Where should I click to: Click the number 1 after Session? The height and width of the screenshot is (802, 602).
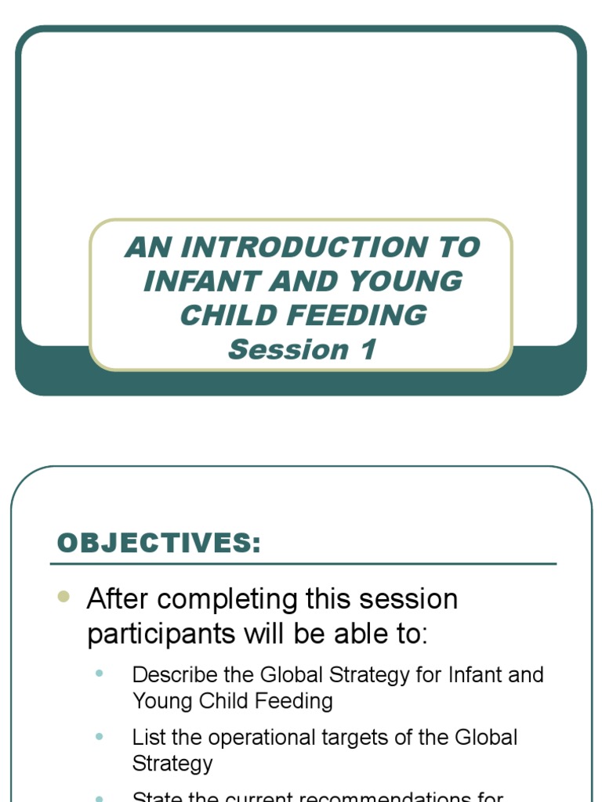(x=367, y=349)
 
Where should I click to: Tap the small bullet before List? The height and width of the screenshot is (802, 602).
(x=99, y=737)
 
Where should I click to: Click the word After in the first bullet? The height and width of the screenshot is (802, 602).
(x=117, y=599)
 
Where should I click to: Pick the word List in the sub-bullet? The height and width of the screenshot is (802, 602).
(x=149, y=737)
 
